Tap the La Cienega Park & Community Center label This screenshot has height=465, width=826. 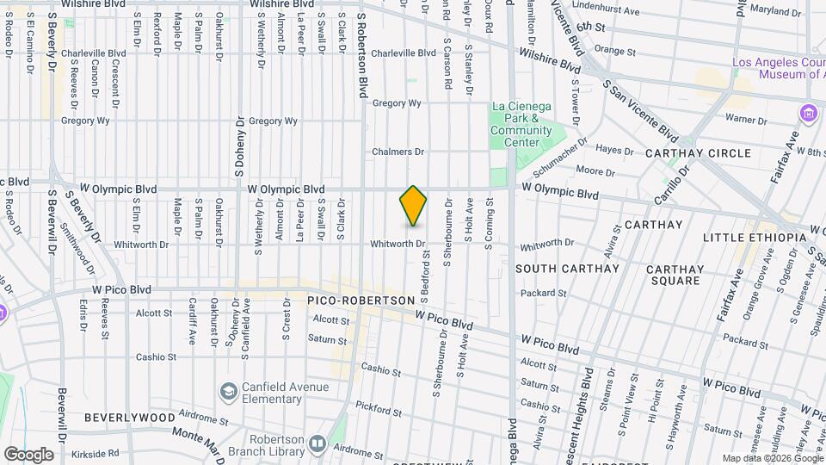pos(521,124)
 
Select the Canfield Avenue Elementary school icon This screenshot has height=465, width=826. pos(228,393)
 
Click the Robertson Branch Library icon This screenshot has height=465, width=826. pos(317,443)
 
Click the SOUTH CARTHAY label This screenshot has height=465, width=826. pos(567,269)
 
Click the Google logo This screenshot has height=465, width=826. pos(28,454)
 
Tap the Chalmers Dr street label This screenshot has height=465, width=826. pos(398,152)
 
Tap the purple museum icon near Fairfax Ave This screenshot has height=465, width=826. pos(807,113)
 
